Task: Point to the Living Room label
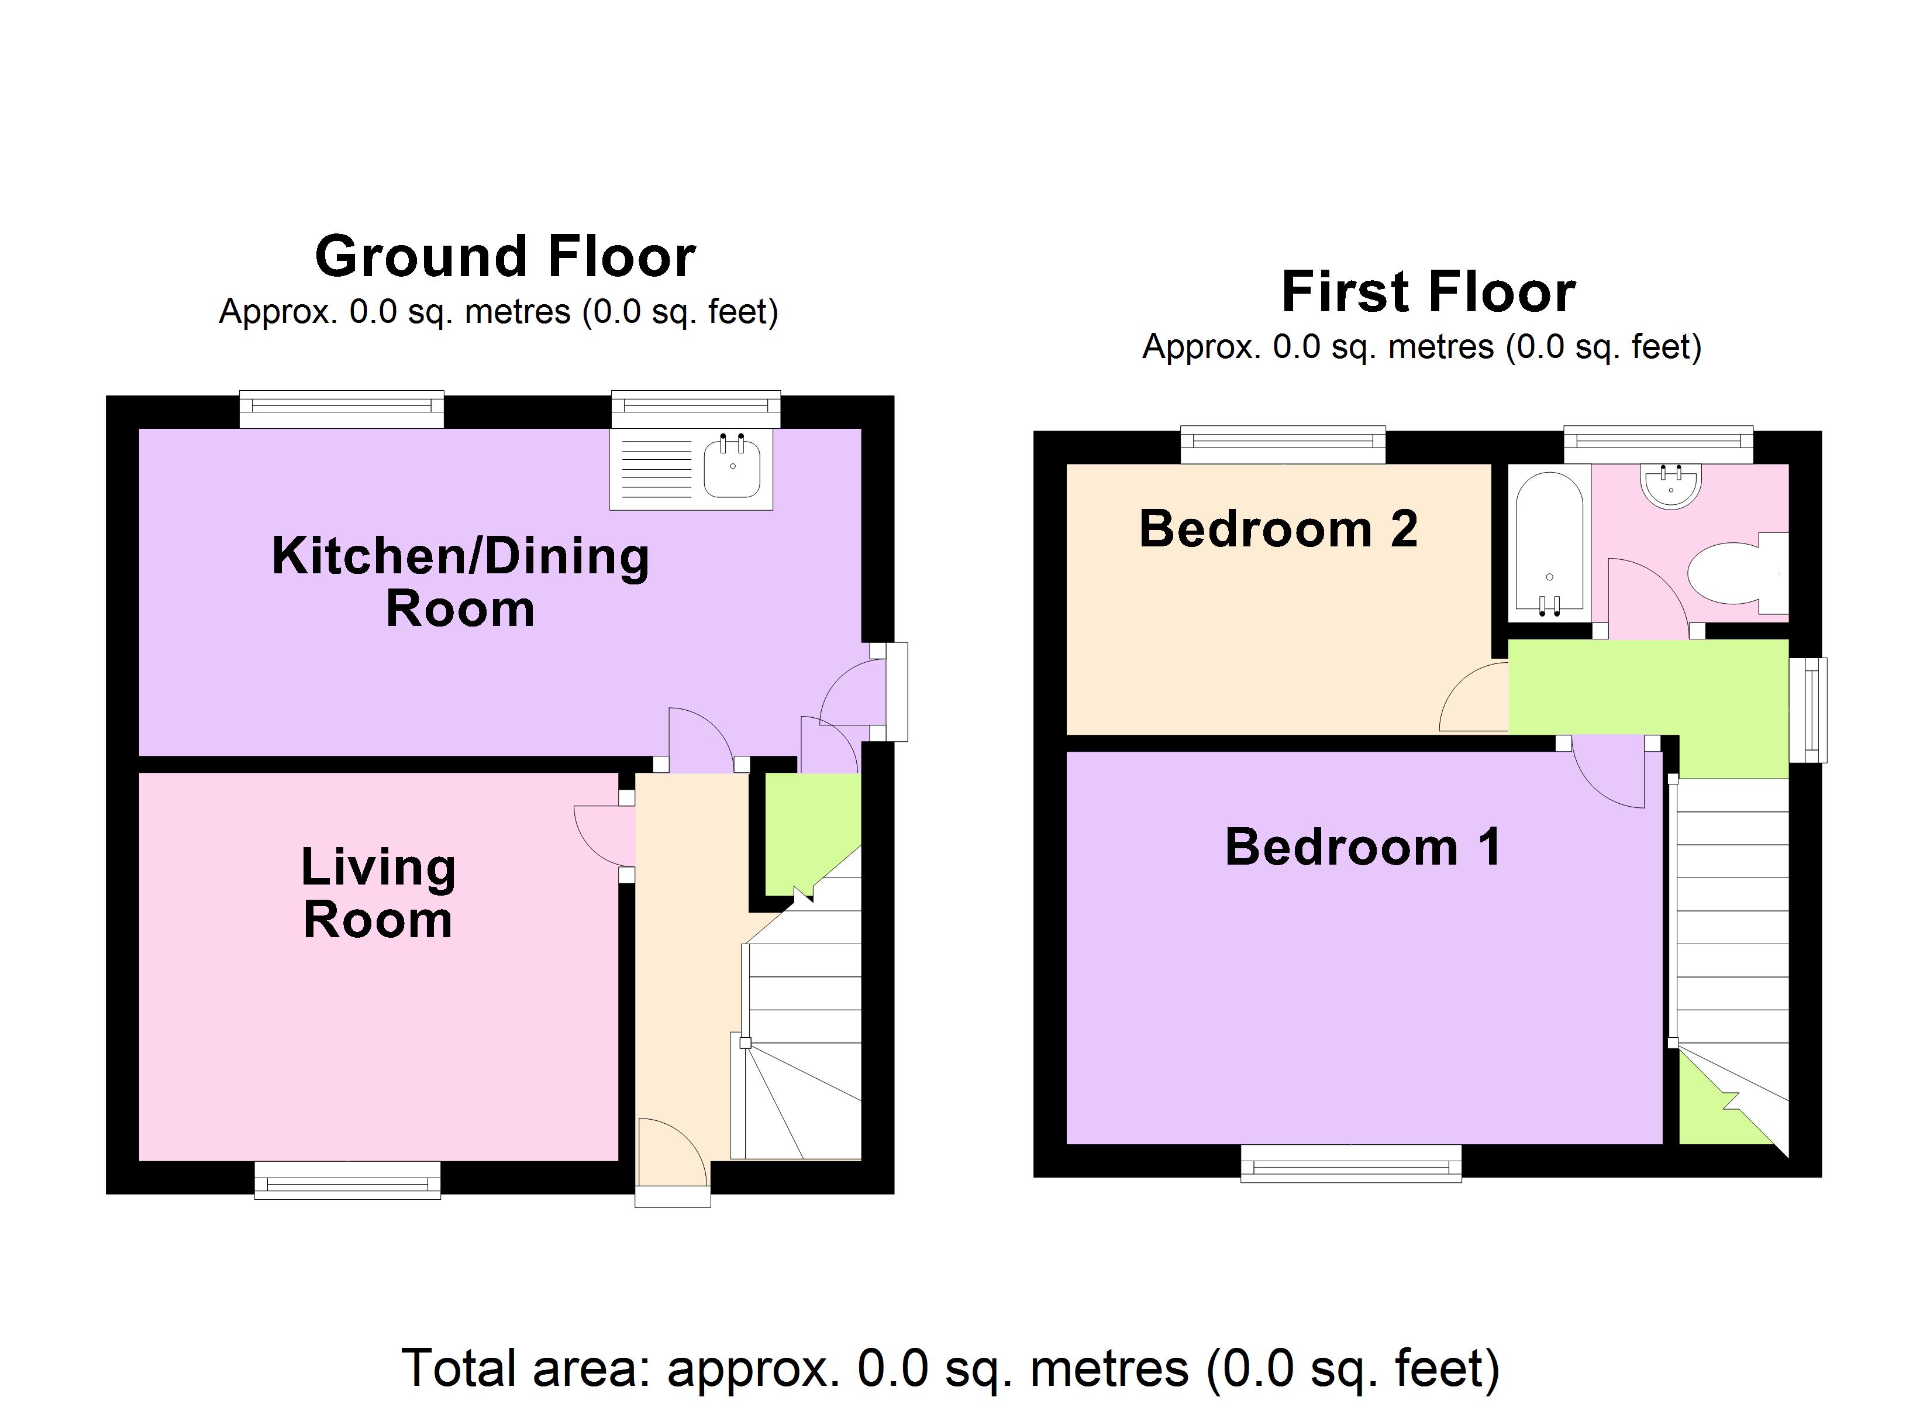pos(378,893)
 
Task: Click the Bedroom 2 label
pos(1278,529)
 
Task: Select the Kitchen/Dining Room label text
pos(460,583)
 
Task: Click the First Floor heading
pos(1428,292)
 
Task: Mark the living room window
pos(347,1182)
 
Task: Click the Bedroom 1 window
pos(1350,1164)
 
